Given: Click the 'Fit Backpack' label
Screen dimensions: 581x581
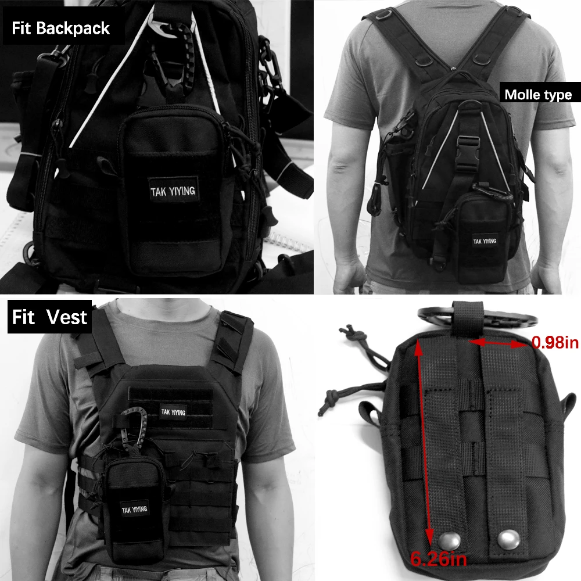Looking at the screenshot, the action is (61, 28).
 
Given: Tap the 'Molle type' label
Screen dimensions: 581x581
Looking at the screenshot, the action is (538, 95).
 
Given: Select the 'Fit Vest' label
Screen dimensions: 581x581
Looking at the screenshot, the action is (49, 317).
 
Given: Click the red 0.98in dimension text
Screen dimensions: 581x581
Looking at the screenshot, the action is (555, 342).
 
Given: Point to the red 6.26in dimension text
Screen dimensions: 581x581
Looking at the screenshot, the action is (439, 558).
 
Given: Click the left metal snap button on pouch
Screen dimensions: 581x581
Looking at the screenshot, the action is (450, 540).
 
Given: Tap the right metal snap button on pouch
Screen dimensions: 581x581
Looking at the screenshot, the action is (508, 540).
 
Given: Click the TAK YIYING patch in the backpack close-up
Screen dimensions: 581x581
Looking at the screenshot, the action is (173, 191).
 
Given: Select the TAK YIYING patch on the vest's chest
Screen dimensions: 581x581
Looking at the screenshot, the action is (173, 412).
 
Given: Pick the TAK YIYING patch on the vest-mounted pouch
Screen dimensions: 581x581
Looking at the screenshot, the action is (135, 510).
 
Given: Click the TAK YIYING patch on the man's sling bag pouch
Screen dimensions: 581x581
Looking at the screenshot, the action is (485, 241).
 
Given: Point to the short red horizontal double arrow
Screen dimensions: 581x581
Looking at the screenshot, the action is (498, 343).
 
